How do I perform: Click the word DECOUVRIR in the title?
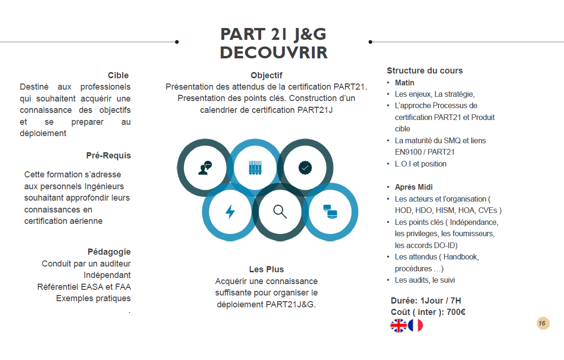[x=273, y=53]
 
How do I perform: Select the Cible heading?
[x=118, y=75]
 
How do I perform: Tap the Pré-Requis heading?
[x=109, y=156]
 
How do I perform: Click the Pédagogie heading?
[x=109, y=252]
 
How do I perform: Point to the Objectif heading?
[x=266, y=75]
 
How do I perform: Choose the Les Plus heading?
[x=266, y=269]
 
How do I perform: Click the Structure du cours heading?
[x=425, y=71]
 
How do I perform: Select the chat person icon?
[x=205, y=168]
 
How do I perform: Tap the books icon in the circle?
[x=255, y=167]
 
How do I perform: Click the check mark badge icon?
[x=305, y=167]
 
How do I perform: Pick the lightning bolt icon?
[x=230, y=212]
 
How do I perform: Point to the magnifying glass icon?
[x=280, y=212]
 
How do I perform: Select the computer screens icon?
[x=329, y=212]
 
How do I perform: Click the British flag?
[x=399, y=325]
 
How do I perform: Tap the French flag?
[x=416, y=325]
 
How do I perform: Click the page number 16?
[x=542, y=323]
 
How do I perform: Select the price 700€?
[x=456, y=312]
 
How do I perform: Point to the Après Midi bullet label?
[x=414, y=187]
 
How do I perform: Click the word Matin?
[x=405, y=83]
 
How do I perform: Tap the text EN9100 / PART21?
[x=425, y=152]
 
